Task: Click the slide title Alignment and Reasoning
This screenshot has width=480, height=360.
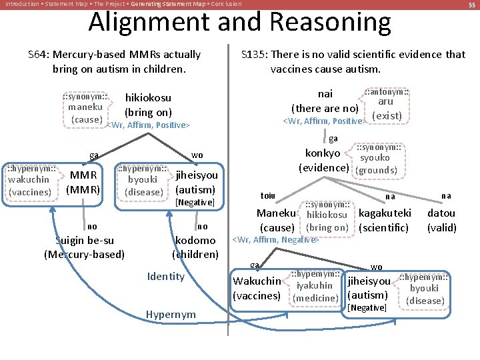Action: (239, 23)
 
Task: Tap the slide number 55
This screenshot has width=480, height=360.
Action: (471, 5)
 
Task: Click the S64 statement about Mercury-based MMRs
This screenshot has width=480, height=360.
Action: (114, 61)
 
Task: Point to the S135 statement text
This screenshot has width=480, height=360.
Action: (353, 61)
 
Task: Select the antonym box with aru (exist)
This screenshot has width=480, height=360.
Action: (386, 105)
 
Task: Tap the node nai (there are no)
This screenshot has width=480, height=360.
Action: (325, 101)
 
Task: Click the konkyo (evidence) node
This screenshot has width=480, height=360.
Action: (323, 160)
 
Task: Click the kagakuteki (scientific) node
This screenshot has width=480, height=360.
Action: (385, 220)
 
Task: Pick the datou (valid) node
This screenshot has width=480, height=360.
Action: (441, 220)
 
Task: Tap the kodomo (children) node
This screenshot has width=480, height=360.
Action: (195, 247)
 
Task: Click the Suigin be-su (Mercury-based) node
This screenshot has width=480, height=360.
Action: (84, 247)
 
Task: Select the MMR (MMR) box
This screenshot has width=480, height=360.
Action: (83, 181)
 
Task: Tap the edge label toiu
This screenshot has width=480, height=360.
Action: (268, 196)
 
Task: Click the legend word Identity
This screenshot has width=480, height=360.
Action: (165, 276)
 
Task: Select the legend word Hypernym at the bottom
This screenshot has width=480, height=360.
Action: (170, 314)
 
